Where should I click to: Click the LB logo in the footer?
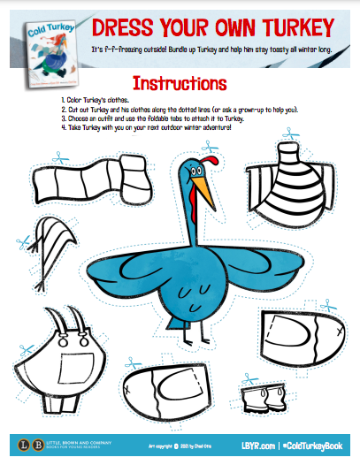[x=19, y=443]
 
